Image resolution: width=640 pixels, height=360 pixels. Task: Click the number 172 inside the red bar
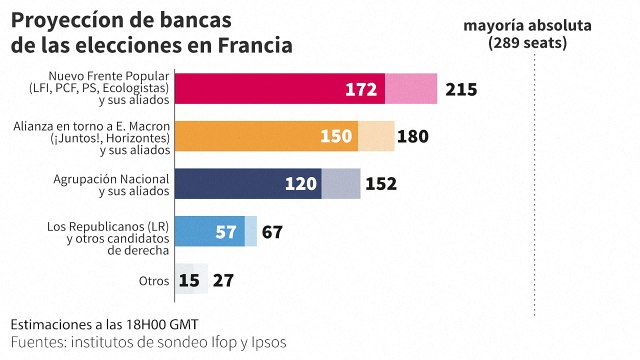pyautogui.click(x=360, y=90)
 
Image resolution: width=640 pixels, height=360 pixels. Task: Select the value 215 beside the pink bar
pyautogui.click(x=462, y=90)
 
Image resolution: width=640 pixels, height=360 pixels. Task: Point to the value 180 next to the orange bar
pyautogui.click(x=413, y=137)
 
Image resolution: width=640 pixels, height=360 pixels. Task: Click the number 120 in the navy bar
pyautogui.click(x=301, y=184)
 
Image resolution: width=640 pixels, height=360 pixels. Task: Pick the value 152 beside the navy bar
pyautogui.click(x=381, y=184)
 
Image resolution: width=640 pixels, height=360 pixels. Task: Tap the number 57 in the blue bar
pyautogui.click(x=226, y=232)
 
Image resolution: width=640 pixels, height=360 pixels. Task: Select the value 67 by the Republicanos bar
pyautogui.click(x=272, y=232)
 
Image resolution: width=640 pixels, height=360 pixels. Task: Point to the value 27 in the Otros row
pyautogui.click(x=224, y=280)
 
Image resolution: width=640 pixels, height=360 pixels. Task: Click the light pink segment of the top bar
pyautogui.click(x=411, y=90)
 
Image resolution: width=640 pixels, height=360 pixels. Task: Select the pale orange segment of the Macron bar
pyautogui.click(x=376, y=137)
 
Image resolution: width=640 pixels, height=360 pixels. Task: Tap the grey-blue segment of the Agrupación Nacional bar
pyautogui.click(x=341, y=184)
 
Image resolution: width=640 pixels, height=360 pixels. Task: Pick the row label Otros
pyautogui.click(x=154, y=281)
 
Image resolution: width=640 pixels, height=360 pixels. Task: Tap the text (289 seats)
pyautogui.click(x=527, y=43)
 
